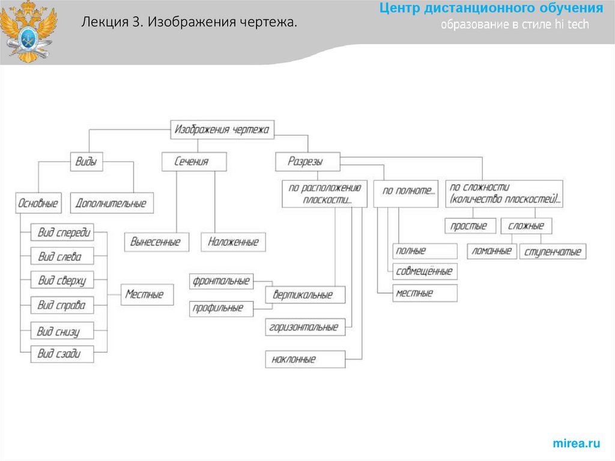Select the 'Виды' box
coord(86,162)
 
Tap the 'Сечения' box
coord(193,162)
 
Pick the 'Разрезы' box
coord(307,162)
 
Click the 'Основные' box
coord(38,203)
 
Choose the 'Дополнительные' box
coord(111,203)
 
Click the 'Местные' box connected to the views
coord(146,295)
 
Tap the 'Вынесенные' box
coord(156,242)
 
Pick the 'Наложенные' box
coord(233,242)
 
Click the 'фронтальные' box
coord(221,281)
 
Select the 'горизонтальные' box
coord(305,328)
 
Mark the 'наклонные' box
coord(305,359)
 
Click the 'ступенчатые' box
coord(553,251)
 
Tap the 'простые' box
coord(470,226)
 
